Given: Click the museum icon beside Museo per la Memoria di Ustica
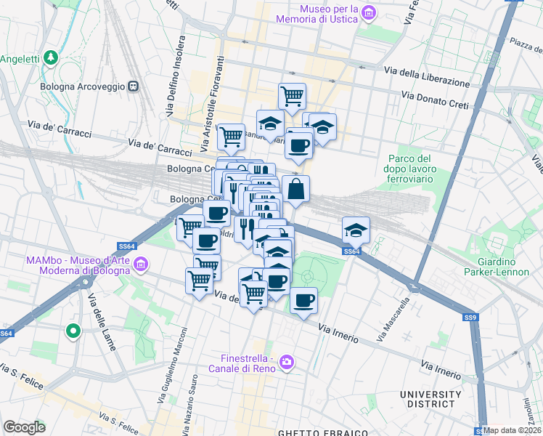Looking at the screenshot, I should coord(370,12).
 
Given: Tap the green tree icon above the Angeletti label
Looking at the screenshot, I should coord(50,57).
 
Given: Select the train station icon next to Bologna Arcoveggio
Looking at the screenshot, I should coord(133,86).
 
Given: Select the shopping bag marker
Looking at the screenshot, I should coord(295,190).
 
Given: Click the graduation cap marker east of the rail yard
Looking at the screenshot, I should coord(356,230).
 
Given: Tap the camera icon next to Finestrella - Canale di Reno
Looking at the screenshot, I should coord(287,361).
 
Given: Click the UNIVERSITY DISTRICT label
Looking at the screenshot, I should coord(430,400).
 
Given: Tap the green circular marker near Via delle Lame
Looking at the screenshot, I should coord(73,332).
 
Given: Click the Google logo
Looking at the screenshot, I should coord(25,427).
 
